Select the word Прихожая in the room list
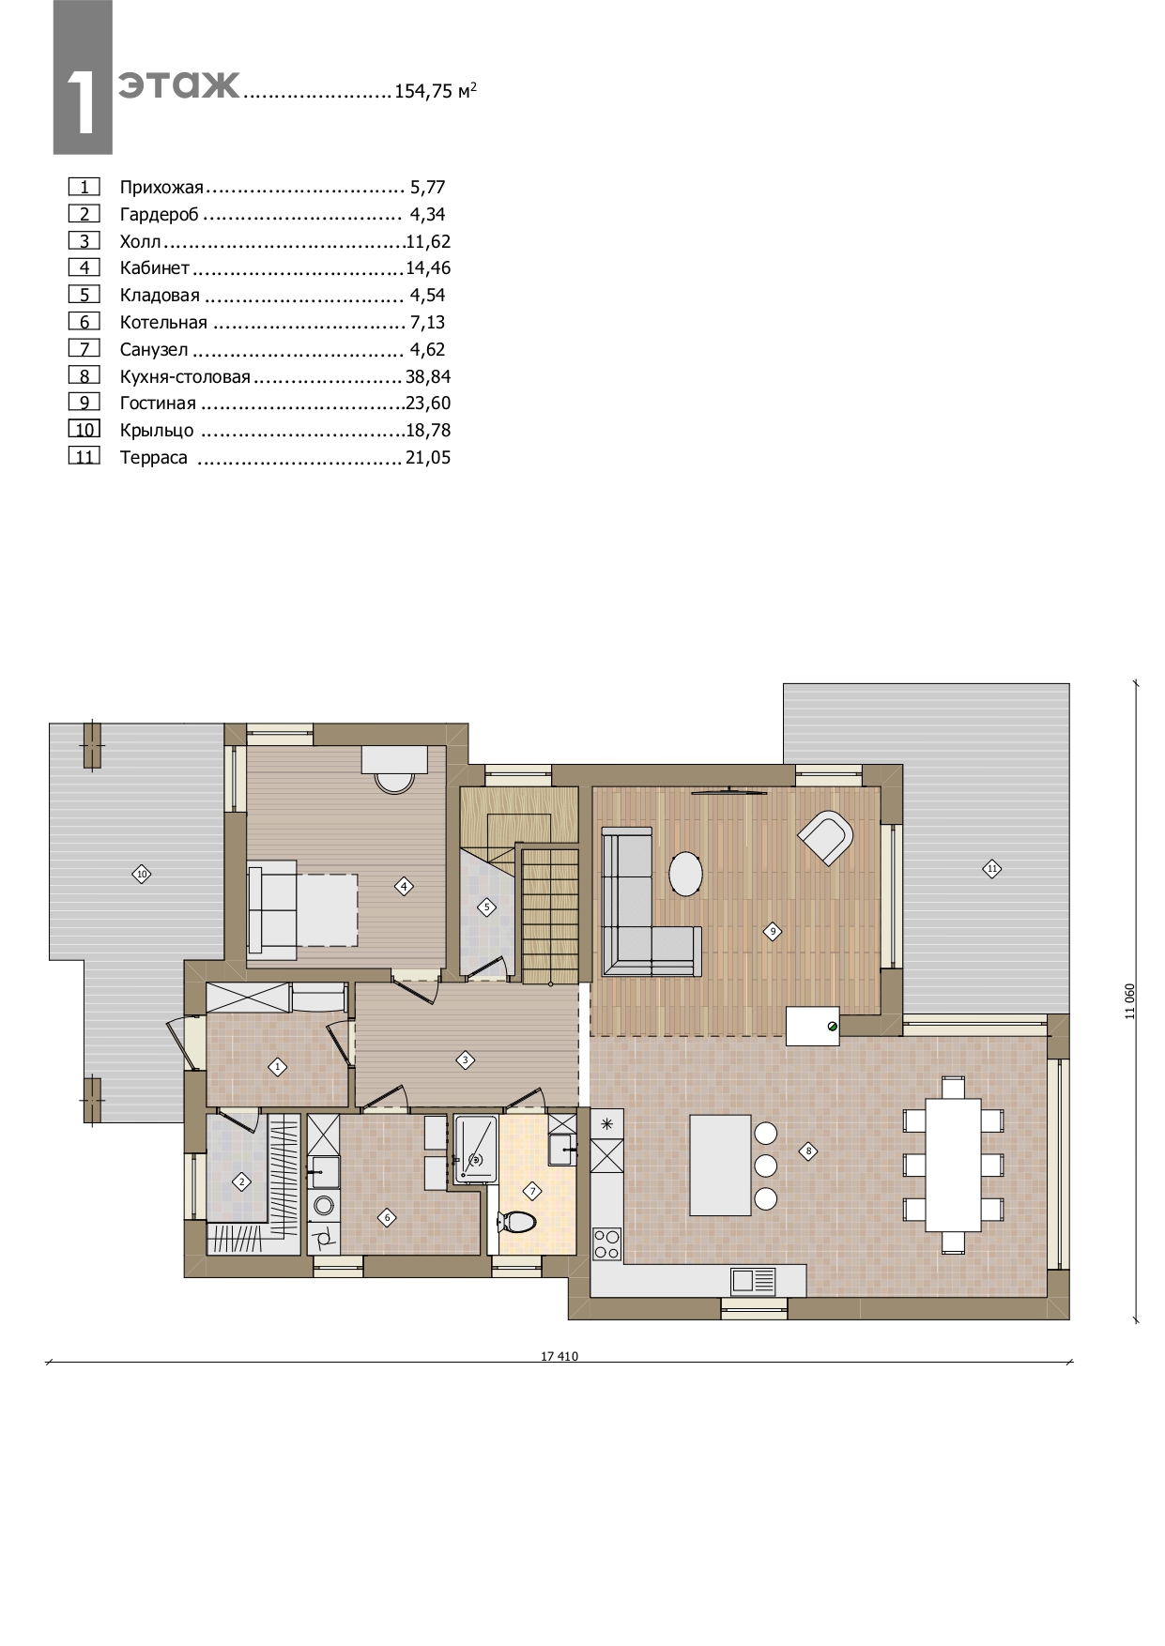tap(161, 188)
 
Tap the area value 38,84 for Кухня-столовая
tap(428, 376)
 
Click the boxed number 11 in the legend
tap(84, 457)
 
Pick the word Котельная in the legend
tap(163, 323)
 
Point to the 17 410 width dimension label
tap(560, 1356)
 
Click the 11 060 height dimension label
tap(1130, 1001)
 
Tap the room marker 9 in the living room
tap(773, 932)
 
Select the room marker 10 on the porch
tap(142, 875)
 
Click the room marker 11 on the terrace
tap(992, 868)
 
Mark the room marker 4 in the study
tap(404, 886)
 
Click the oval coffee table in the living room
tap(686, 874)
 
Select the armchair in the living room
tap(826, 837)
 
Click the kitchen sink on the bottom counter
tap(754, 1281)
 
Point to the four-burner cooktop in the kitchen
tap(606, 1243)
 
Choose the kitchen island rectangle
tap(721, 1165)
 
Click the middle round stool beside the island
tap(766, 1166)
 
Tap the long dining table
tap(954, 1165)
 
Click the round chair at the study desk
tap(394, 778)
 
